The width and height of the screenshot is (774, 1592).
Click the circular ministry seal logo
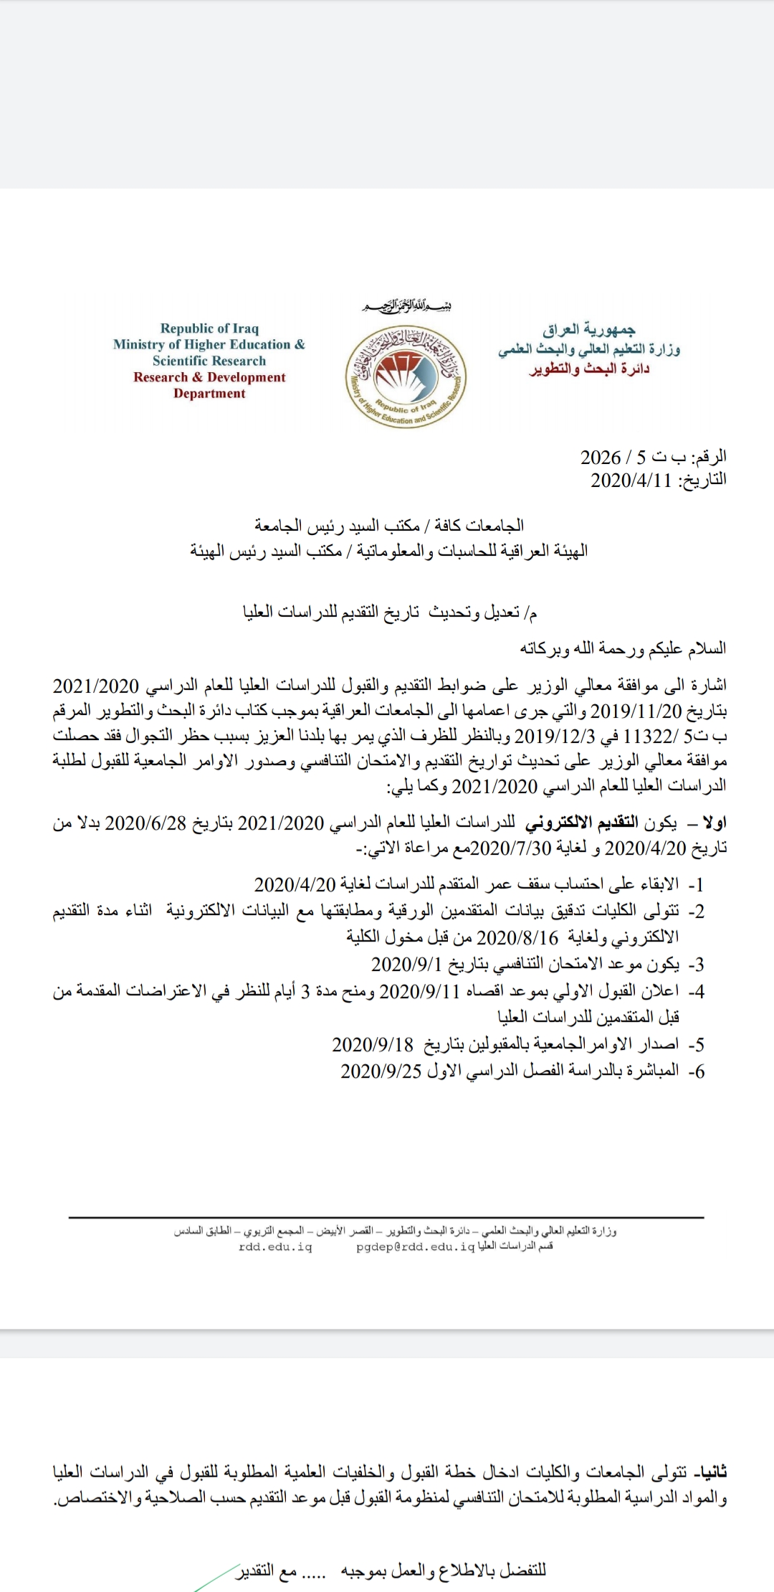point(406,376)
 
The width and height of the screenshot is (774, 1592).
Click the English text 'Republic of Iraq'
point(209,328)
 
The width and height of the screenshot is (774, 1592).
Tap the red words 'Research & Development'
point(209,377)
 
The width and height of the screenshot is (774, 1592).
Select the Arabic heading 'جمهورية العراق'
point(588,330)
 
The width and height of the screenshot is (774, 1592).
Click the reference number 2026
point(601,457)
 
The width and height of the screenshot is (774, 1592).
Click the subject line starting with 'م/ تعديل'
point(390,612)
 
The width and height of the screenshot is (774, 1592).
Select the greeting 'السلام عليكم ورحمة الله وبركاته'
point(623,649)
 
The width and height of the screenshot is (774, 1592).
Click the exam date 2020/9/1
point(406,964)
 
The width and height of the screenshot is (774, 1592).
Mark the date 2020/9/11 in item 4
point(419,991)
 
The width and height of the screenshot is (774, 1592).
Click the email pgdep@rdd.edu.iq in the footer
point(416,1247)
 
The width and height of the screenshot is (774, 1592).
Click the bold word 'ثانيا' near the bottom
point(709,1472)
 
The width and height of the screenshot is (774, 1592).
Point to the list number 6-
point(696,1071)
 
